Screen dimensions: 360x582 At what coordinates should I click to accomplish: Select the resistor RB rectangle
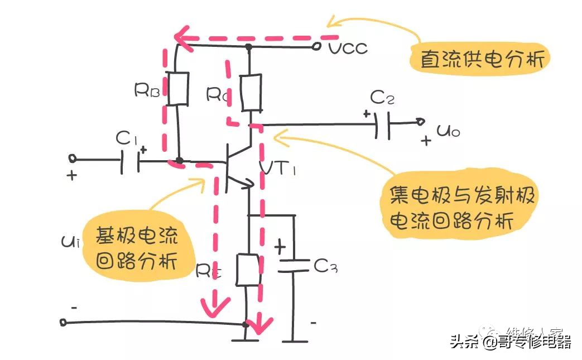pos(178,89)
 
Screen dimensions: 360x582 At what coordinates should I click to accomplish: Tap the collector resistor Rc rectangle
pos(251,93)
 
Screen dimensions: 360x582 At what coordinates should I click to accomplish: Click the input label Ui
pos(69,242)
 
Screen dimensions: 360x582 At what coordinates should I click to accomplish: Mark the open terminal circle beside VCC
pos(318,46)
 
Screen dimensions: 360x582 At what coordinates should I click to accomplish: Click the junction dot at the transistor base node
pos(179,161)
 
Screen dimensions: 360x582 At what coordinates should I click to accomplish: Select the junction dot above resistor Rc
pos(249,47)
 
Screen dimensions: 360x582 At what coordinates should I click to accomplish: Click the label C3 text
pos(325,267)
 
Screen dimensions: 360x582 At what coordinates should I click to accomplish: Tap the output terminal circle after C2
pos(421,121)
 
